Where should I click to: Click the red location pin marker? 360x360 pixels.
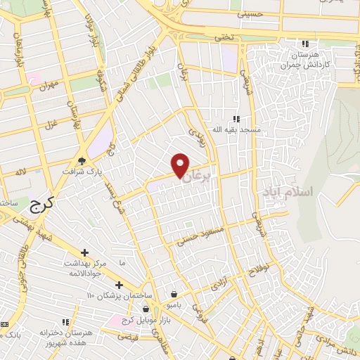181,165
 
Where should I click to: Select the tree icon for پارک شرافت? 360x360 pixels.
83,160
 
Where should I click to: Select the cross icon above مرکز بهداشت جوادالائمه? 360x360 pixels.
84,252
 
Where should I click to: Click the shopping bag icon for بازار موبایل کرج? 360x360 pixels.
146,309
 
